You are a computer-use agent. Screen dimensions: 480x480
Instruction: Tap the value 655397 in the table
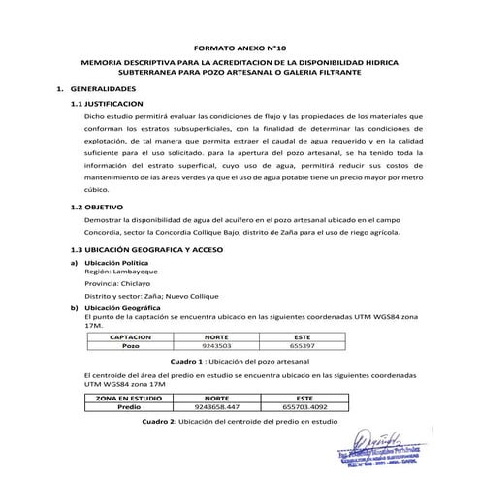click(x=302, y=344)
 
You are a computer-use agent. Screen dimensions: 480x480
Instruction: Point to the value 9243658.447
click(x=217, y=407)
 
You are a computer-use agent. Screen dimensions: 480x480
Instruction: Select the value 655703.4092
click(x=304, y=407)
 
